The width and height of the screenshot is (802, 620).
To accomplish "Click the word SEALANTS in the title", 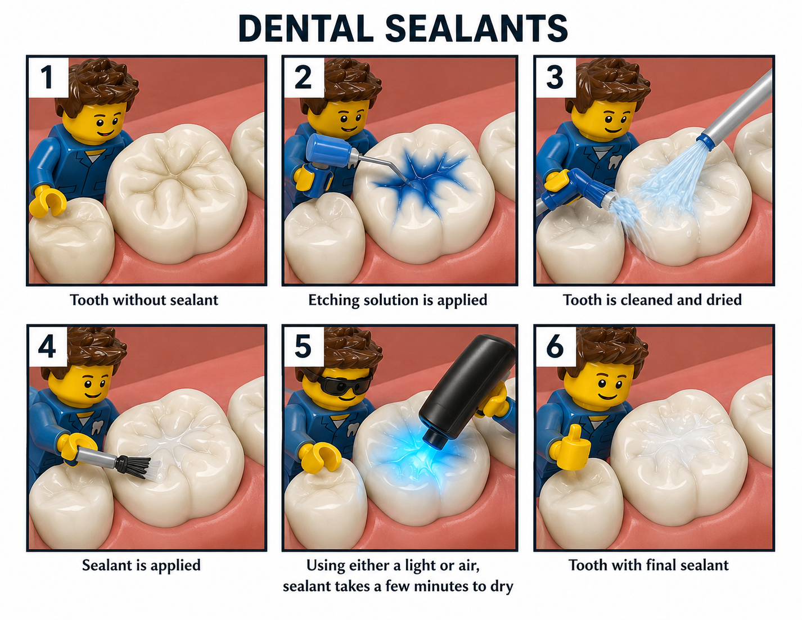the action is pos(476,29).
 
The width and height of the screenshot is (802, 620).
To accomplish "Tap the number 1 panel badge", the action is pos(48,78).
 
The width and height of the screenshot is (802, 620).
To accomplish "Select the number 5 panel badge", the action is pos(303,346).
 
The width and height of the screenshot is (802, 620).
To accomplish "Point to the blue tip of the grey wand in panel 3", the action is pos(705,141).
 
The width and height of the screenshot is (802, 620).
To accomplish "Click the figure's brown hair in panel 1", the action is pos(97,85).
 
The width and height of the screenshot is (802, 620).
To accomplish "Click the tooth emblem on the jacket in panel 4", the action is pos(96,427).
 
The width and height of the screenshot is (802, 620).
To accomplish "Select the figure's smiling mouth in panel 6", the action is pos(607,396).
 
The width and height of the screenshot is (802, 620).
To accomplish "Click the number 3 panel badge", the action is pos(556,78).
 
